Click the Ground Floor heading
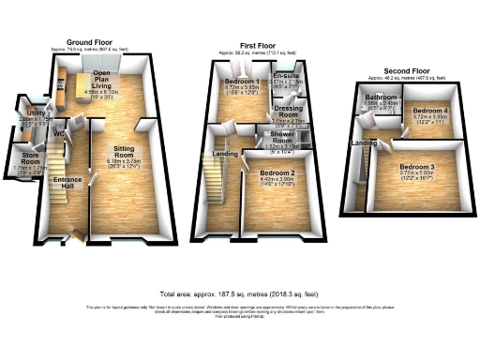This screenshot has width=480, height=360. click(x=90, y=43)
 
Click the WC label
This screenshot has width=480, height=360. click(x=59, y=133)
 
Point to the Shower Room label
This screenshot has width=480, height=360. click(x=284, y=137)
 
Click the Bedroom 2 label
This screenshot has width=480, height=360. click(x=277, y=173)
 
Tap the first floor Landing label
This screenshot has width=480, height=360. click(x=225, y=154)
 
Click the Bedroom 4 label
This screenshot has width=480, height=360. click(x=430, y=111)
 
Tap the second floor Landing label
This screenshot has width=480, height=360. click(x=365, y=142)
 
